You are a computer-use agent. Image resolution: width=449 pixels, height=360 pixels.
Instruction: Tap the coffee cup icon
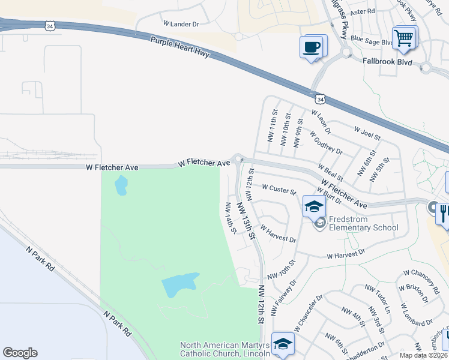(x=312, y=47)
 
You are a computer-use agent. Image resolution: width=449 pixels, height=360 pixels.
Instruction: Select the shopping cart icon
(x=404, y=37)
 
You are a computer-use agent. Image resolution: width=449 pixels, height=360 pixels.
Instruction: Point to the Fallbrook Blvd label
(x=387, y=61)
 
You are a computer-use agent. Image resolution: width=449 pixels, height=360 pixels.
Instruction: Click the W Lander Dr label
(x=181, y=23)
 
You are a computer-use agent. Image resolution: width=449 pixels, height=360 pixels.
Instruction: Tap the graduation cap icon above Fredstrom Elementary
(x=313, y=206)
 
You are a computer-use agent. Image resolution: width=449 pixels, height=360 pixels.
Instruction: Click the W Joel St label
(x=367, y=133)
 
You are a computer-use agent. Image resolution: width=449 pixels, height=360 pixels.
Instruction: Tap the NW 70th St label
(x=282, y=269)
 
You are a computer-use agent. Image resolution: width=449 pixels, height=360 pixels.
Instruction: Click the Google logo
(x=20, y=352)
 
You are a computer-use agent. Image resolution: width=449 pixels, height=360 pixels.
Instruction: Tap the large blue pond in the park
(x=180, y=284)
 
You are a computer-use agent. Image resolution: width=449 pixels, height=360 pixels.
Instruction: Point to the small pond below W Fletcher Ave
(x=121, y=185)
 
